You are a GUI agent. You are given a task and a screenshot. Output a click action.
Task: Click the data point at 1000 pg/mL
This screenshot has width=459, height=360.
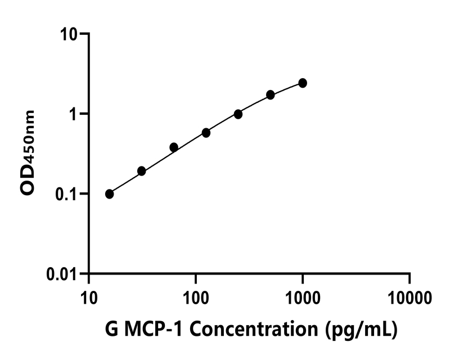pyautogui.click(x=303, y=83)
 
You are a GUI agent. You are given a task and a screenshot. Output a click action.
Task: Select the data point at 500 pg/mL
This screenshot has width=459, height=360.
pyautogui.click(x=271, y=94)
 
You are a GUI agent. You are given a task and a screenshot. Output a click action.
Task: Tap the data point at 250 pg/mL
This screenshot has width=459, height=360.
pyautogui.click(x=238, y=114)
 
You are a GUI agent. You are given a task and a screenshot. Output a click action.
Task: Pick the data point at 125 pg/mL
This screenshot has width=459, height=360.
pyautogui.click(x=206, y=133)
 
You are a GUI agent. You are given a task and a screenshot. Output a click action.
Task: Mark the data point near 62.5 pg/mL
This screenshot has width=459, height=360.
pyautogui.click(x=174, y=147)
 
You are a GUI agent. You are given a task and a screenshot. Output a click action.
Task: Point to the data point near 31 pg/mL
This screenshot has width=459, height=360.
pyautogui.click(x=141, y=171)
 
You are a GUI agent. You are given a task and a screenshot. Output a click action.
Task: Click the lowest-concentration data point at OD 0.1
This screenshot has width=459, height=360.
pyautogui.click(x=109, y=194)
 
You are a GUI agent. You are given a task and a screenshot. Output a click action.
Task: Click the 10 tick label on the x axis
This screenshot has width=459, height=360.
pyautogui.click(x=88, y=296)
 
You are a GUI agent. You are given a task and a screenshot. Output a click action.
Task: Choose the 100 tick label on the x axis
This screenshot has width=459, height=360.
pyautogui.click(x=195, y=296)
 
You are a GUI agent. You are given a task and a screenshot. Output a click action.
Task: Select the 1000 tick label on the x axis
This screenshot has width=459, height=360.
pyautogui.click(x=303, y=296)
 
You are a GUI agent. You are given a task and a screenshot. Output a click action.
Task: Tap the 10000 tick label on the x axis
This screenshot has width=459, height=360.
pyautogui.click(x=409, y=296)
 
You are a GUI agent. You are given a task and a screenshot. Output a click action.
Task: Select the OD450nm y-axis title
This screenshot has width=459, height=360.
pyautogui.click(x=28, y=153)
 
